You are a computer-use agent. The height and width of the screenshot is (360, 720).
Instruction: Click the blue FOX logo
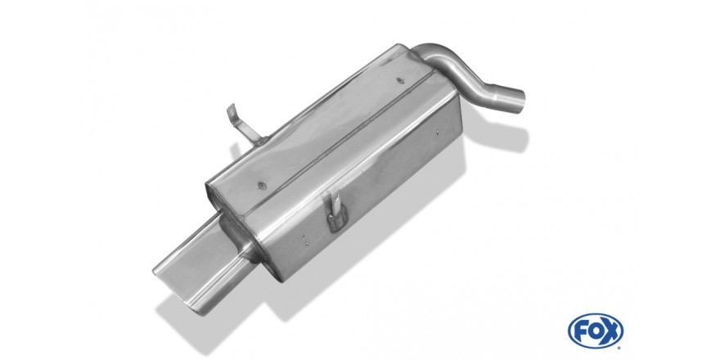point(595,331)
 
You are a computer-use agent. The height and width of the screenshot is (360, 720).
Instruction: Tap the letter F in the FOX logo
point(580,331)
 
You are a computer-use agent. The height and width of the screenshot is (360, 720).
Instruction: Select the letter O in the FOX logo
point(595,331)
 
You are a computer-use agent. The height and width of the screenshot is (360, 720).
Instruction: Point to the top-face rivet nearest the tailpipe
point(262,185)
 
